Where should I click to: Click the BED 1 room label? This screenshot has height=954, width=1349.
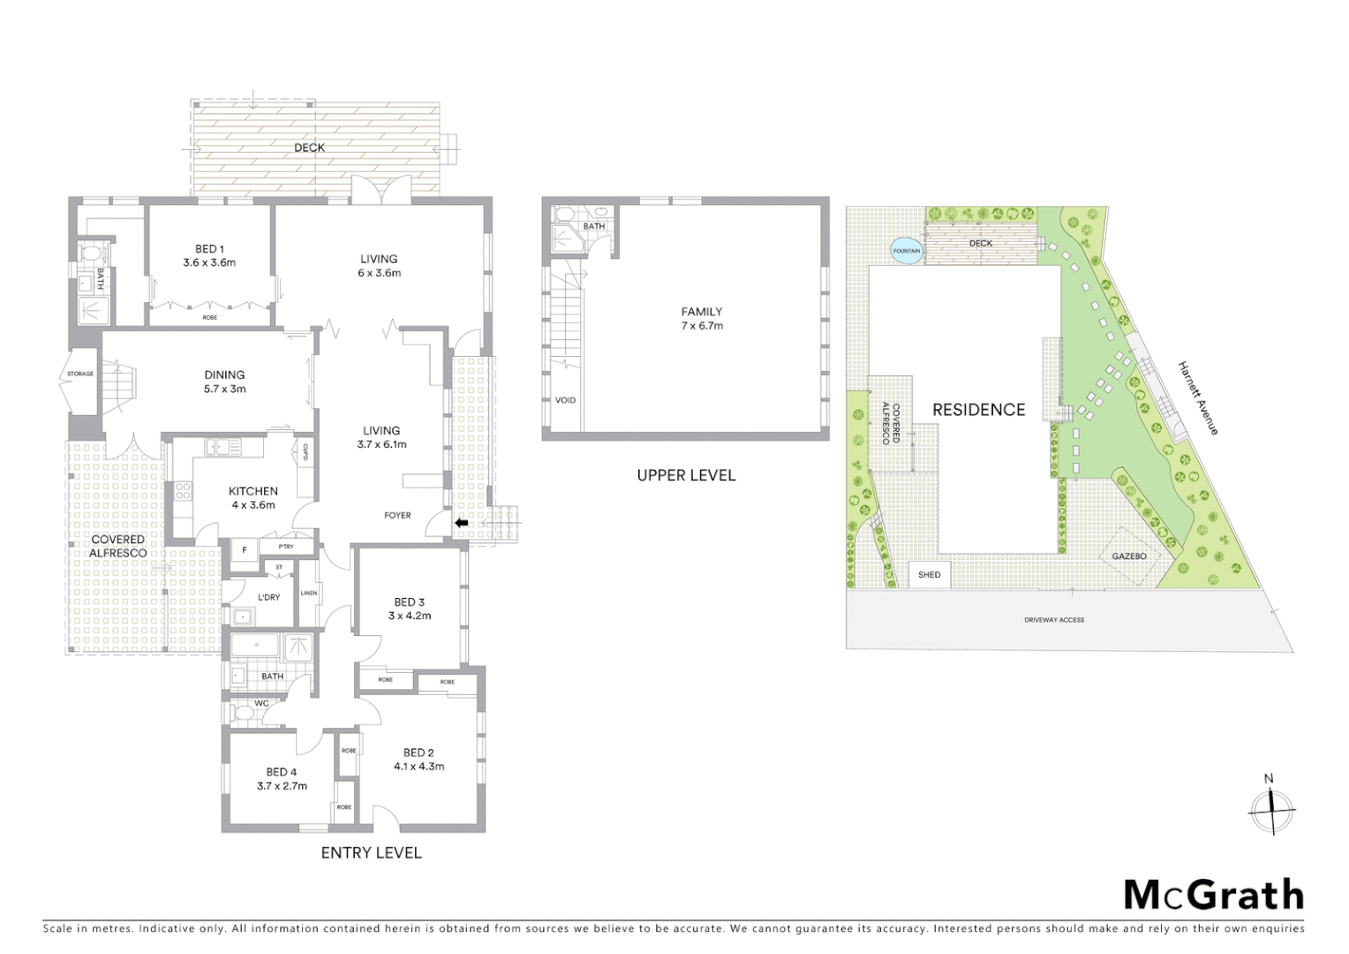click(209, 255)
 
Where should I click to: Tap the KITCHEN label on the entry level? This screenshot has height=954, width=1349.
click(253, 497)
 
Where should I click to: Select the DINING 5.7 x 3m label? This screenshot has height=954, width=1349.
click(224, 382)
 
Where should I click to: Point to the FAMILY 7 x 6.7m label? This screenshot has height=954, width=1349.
click(701, 318)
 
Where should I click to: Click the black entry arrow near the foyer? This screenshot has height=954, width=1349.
click(461, 524)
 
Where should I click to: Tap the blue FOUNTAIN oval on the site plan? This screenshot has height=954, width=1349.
click(907, 251)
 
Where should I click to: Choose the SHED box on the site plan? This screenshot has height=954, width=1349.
click(929, 575)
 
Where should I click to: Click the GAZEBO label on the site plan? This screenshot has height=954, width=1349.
click(1128, 556)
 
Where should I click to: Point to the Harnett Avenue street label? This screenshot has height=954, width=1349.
click(1198, 397)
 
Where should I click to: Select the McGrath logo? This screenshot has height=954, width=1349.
click(1213, 895)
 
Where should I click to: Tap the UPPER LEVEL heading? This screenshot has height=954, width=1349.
click(686, 475)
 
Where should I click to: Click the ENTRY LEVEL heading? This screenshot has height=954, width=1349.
click(371, 852)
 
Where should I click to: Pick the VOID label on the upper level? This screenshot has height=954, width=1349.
click(565, 400)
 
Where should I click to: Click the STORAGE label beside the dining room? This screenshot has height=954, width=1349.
click(80, 375)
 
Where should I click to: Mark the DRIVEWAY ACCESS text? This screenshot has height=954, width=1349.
click(1054, 620)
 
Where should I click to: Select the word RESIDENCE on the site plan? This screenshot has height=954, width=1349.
click(979, 410)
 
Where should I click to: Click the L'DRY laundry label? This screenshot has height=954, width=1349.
click(268, 597)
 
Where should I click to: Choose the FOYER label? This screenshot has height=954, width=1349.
click(397, 515)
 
